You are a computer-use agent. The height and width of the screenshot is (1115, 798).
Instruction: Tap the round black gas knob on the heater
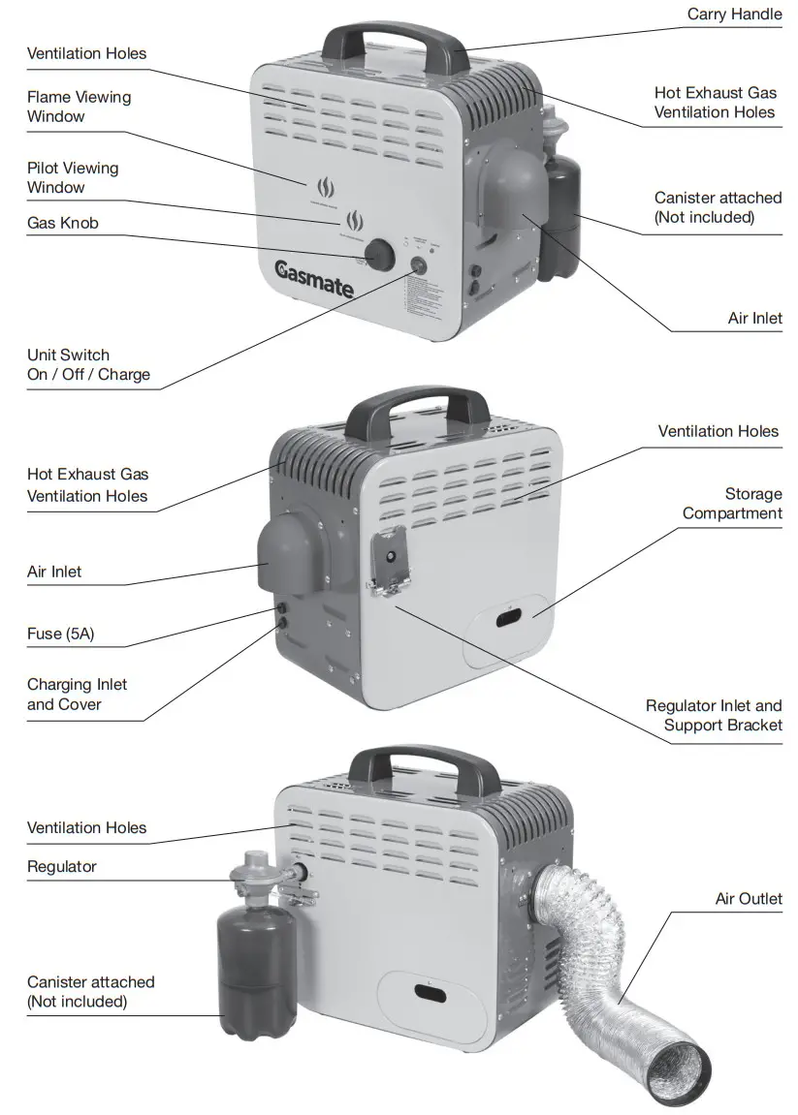[x=379, y=256]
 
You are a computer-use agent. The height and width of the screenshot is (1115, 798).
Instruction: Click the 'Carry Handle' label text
[x=734, y=15]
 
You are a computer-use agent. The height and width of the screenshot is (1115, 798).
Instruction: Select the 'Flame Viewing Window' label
[x=79, y=107]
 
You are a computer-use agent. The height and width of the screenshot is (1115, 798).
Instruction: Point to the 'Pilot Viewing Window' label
[x=73, y=177]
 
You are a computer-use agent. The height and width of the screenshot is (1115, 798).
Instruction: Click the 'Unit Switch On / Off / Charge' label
[x=88, y=364]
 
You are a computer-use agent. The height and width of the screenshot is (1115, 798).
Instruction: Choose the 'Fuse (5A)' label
[x=60, y=635]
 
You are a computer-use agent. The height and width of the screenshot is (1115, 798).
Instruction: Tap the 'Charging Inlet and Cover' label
[x=77, y=695]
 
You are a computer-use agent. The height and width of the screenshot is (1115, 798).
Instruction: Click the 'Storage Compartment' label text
[x=732, y=504]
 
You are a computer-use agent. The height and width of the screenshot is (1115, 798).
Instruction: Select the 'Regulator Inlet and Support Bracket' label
[x=714, y=715]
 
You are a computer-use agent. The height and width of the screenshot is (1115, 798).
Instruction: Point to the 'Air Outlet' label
[x=749, y=899]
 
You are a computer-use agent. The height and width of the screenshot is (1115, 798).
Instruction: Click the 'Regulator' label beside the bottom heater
[x=62, y=866]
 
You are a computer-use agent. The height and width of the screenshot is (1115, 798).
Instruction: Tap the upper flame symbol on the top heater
[x=323, y=185]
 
